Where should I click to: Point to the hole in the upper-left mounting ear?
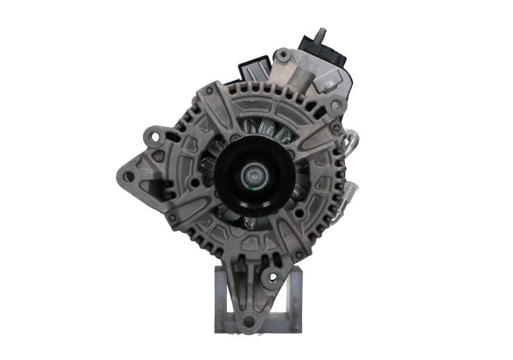(152, 135)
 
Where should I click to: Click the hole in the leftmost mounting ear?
(127, 175)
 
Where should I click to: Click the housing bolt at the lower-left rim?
(172, 218)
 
